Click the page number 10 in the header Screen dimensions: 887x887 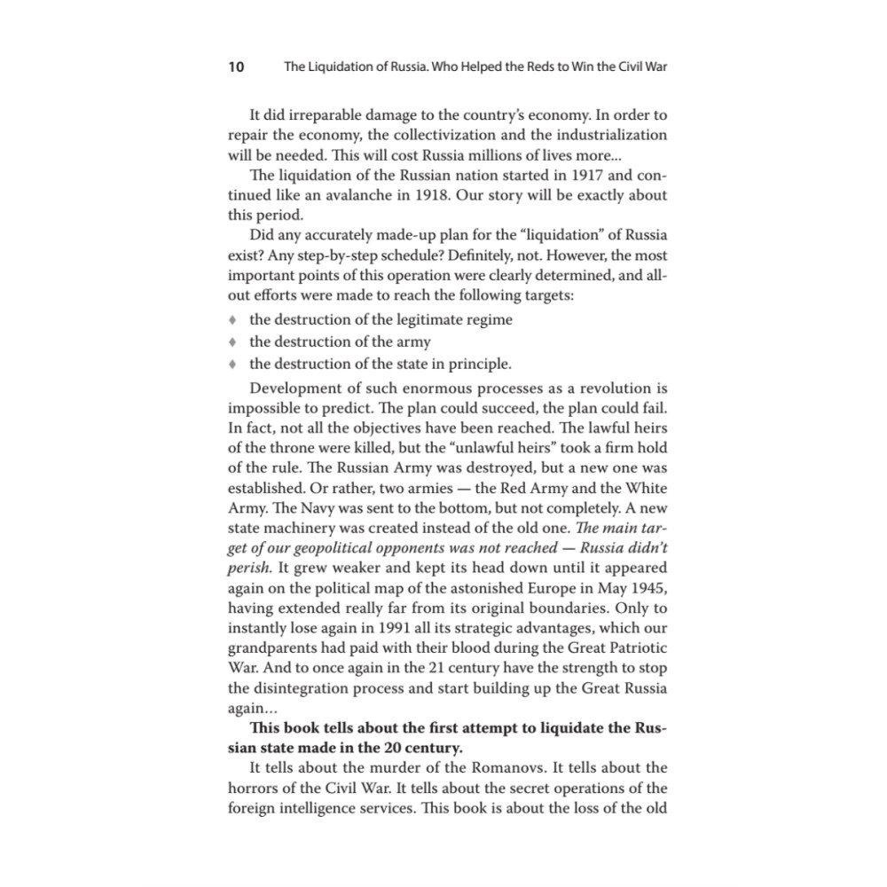point(236,67)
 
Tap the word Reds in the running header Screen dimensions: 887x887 point(526,67)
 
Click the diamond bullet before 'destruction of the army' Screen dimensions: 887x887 point(233,341)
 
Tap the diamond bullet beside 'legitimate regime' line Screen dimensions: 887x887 point(233,319)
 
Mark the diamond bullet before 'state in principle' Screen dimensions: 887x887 point(233,364)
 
